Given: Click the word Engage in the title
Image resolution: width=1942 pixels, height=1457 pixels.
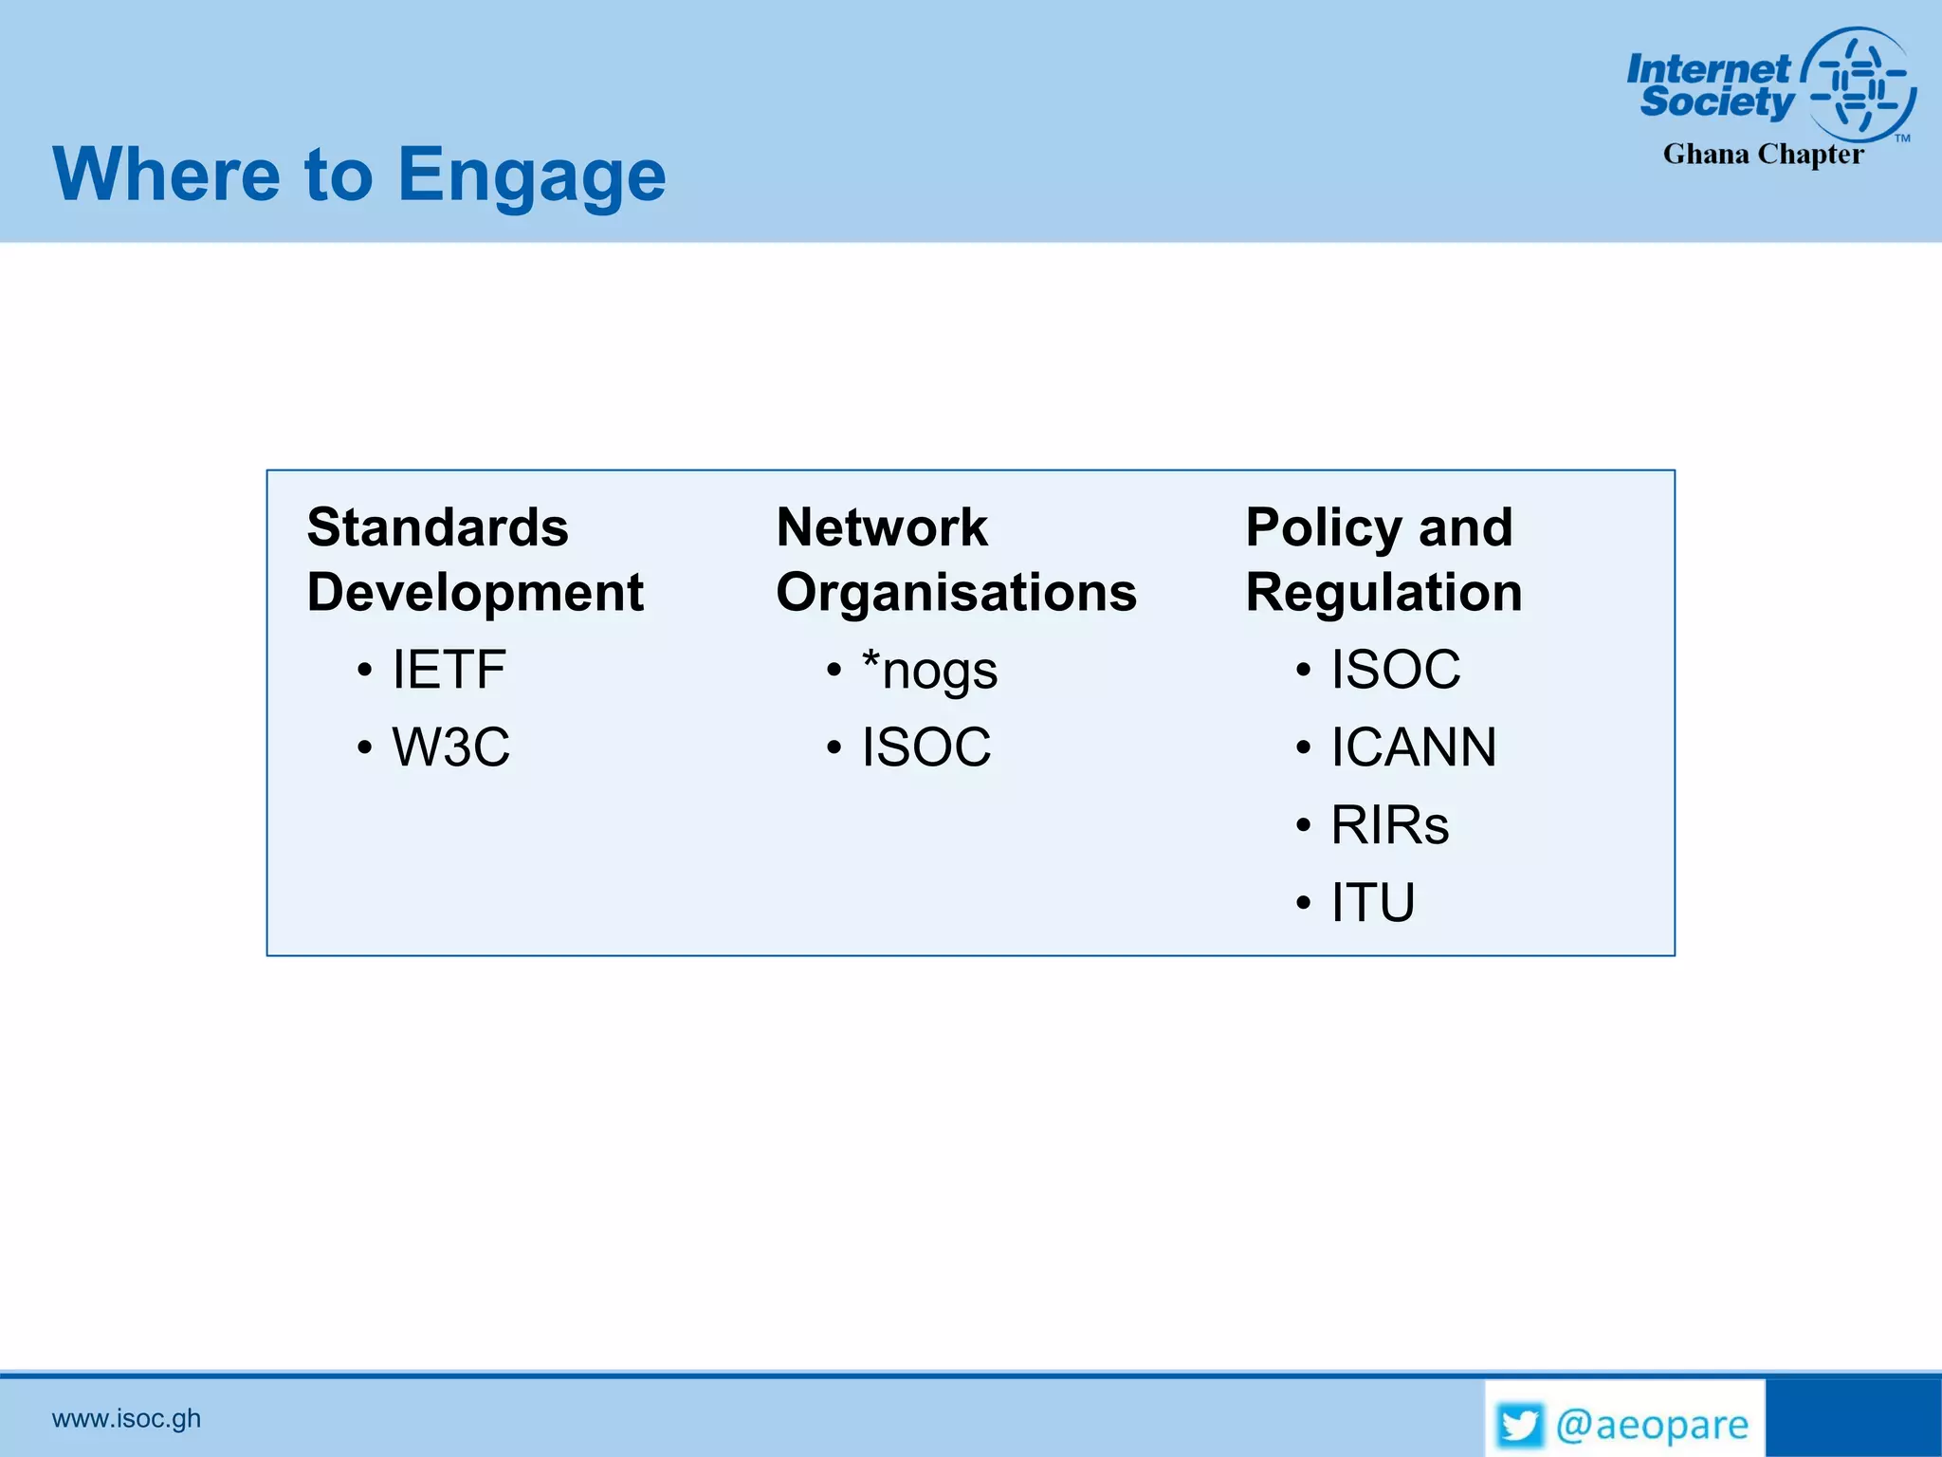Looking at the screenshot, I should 531,176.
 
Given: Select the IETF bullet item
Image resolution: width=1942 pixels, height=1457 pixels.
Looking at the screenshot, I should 449,670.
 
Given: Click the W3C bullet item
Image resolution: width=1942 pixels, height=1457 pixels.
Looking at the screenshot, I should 450,747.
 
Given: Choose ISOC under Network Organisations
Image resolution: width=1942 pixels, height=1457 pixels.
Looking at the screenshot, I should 925,747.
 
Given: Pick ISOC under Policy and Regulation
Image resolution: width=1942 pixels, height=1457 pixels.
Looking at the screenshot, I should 1395,670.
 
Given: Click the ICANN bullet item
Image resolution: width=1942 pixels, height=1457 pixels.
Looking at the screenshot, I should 1413,747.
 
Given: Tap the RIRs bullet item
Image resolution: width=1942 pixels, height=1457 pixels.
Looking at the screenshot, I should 1389,825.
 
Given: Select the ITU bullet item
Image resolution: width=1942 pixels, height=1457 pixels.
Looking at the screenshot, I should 1372,902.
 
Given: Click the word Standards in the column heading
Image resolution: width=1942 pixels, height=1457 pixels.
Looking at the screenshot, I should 437,527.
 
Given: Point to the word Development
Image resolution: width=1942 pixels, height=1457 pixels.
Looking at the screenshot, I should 475,593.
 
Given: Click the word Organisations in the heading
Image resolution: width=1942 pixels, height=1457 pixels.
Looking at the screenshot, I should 956,593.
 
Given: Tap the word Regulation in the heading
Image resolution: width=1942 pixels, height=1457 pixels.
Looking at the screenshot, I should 1383,593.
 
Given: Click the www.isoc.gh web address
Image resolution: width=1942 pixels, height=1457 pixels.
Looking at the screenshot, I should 126,1418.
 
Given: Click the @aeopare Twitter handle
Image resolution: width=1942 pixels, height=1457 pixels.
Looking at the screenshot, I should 1652,1425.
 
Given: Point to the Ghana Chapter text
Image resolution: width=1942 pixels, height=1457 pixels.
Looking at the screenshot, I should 1763,155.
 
